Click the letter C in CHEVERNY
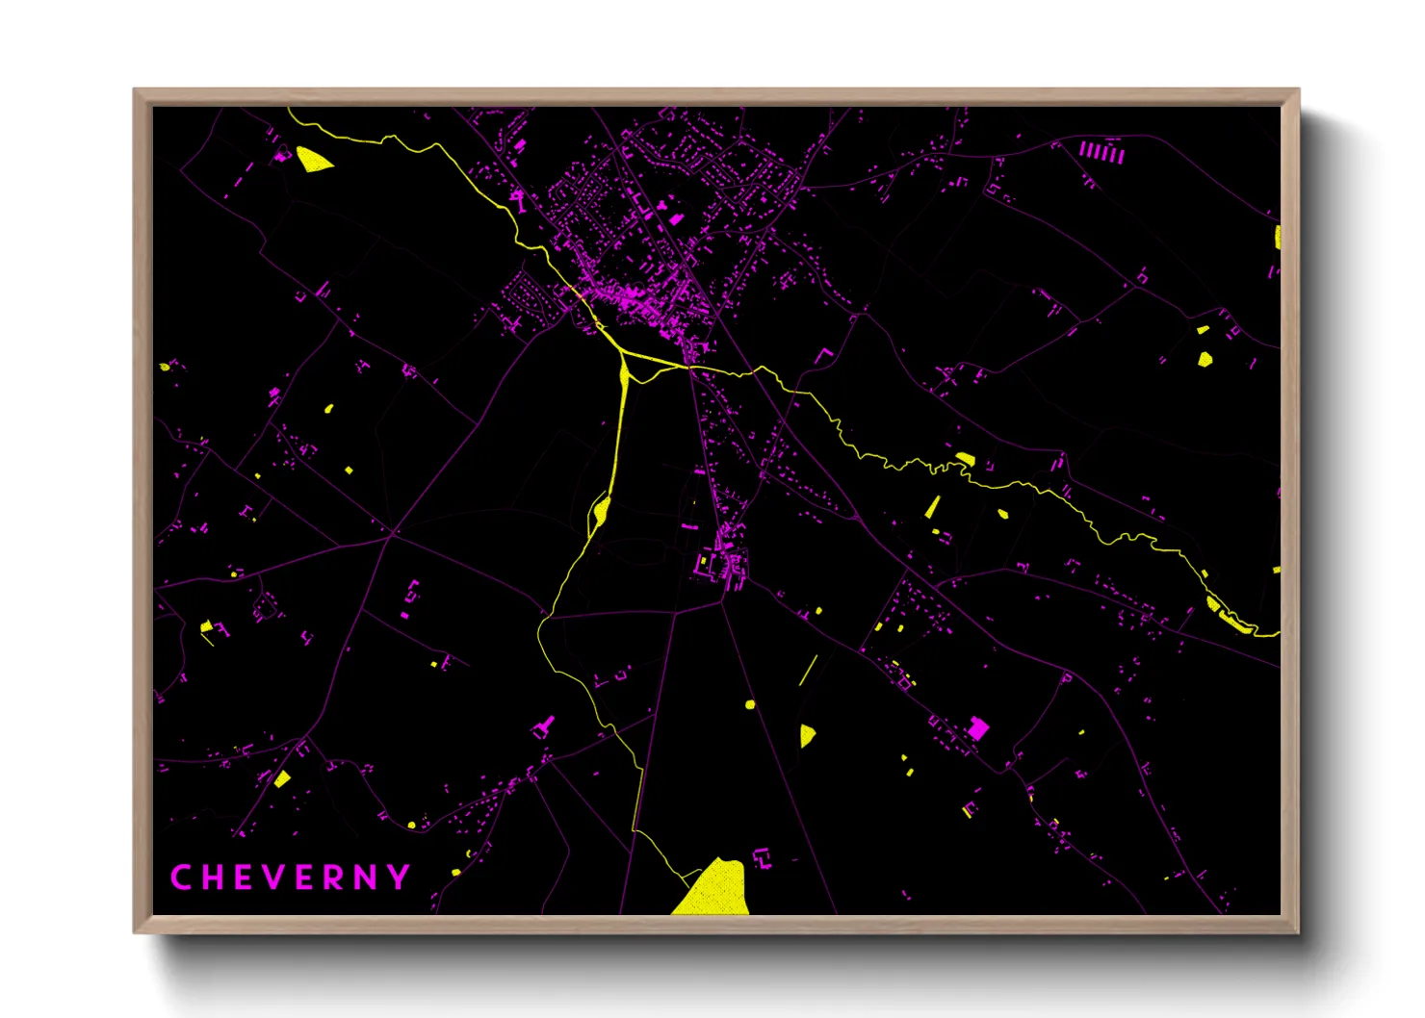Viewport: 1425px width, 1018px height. [x=179, y=878]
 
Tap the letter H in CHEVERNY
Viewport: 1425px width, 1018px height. [x=212, y=878]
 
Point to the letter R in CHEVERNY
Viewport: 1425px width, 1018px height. [x=334, y=878]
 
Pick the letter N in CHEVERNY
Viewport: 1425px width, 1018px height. [x=366, y=878]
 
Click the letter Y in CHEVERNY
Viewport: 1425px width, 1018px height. [x=400, y=878]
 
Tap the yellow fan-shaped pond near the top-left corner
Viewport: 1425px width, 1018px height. [x=311, y=159]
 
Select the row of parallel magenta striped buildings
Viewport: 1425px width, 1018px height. [x=1101, y=152]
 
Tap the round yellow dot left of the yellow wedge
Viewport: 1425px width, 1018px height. [x=750, y=704]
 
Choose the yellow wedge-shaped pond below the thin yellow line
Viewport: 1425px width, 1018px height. [x=807, y=735]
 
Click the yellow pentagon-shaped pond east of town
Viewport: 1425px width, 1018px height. [x=1205, y=359]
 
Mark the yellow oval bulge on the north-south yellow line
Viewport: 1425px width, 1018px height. [x=601, y=510]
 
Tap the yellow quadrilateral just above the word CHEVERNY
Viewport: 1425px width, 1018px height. [x=282, y=778]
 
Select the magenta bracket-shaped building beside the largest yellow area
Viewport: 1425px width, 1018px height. [x=762, y=856]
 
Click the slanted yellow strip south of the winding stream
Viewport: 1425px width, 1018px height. [x=933, y=507]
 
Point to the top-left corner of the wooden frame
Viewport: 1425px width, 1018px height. [x=135, y=90]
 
